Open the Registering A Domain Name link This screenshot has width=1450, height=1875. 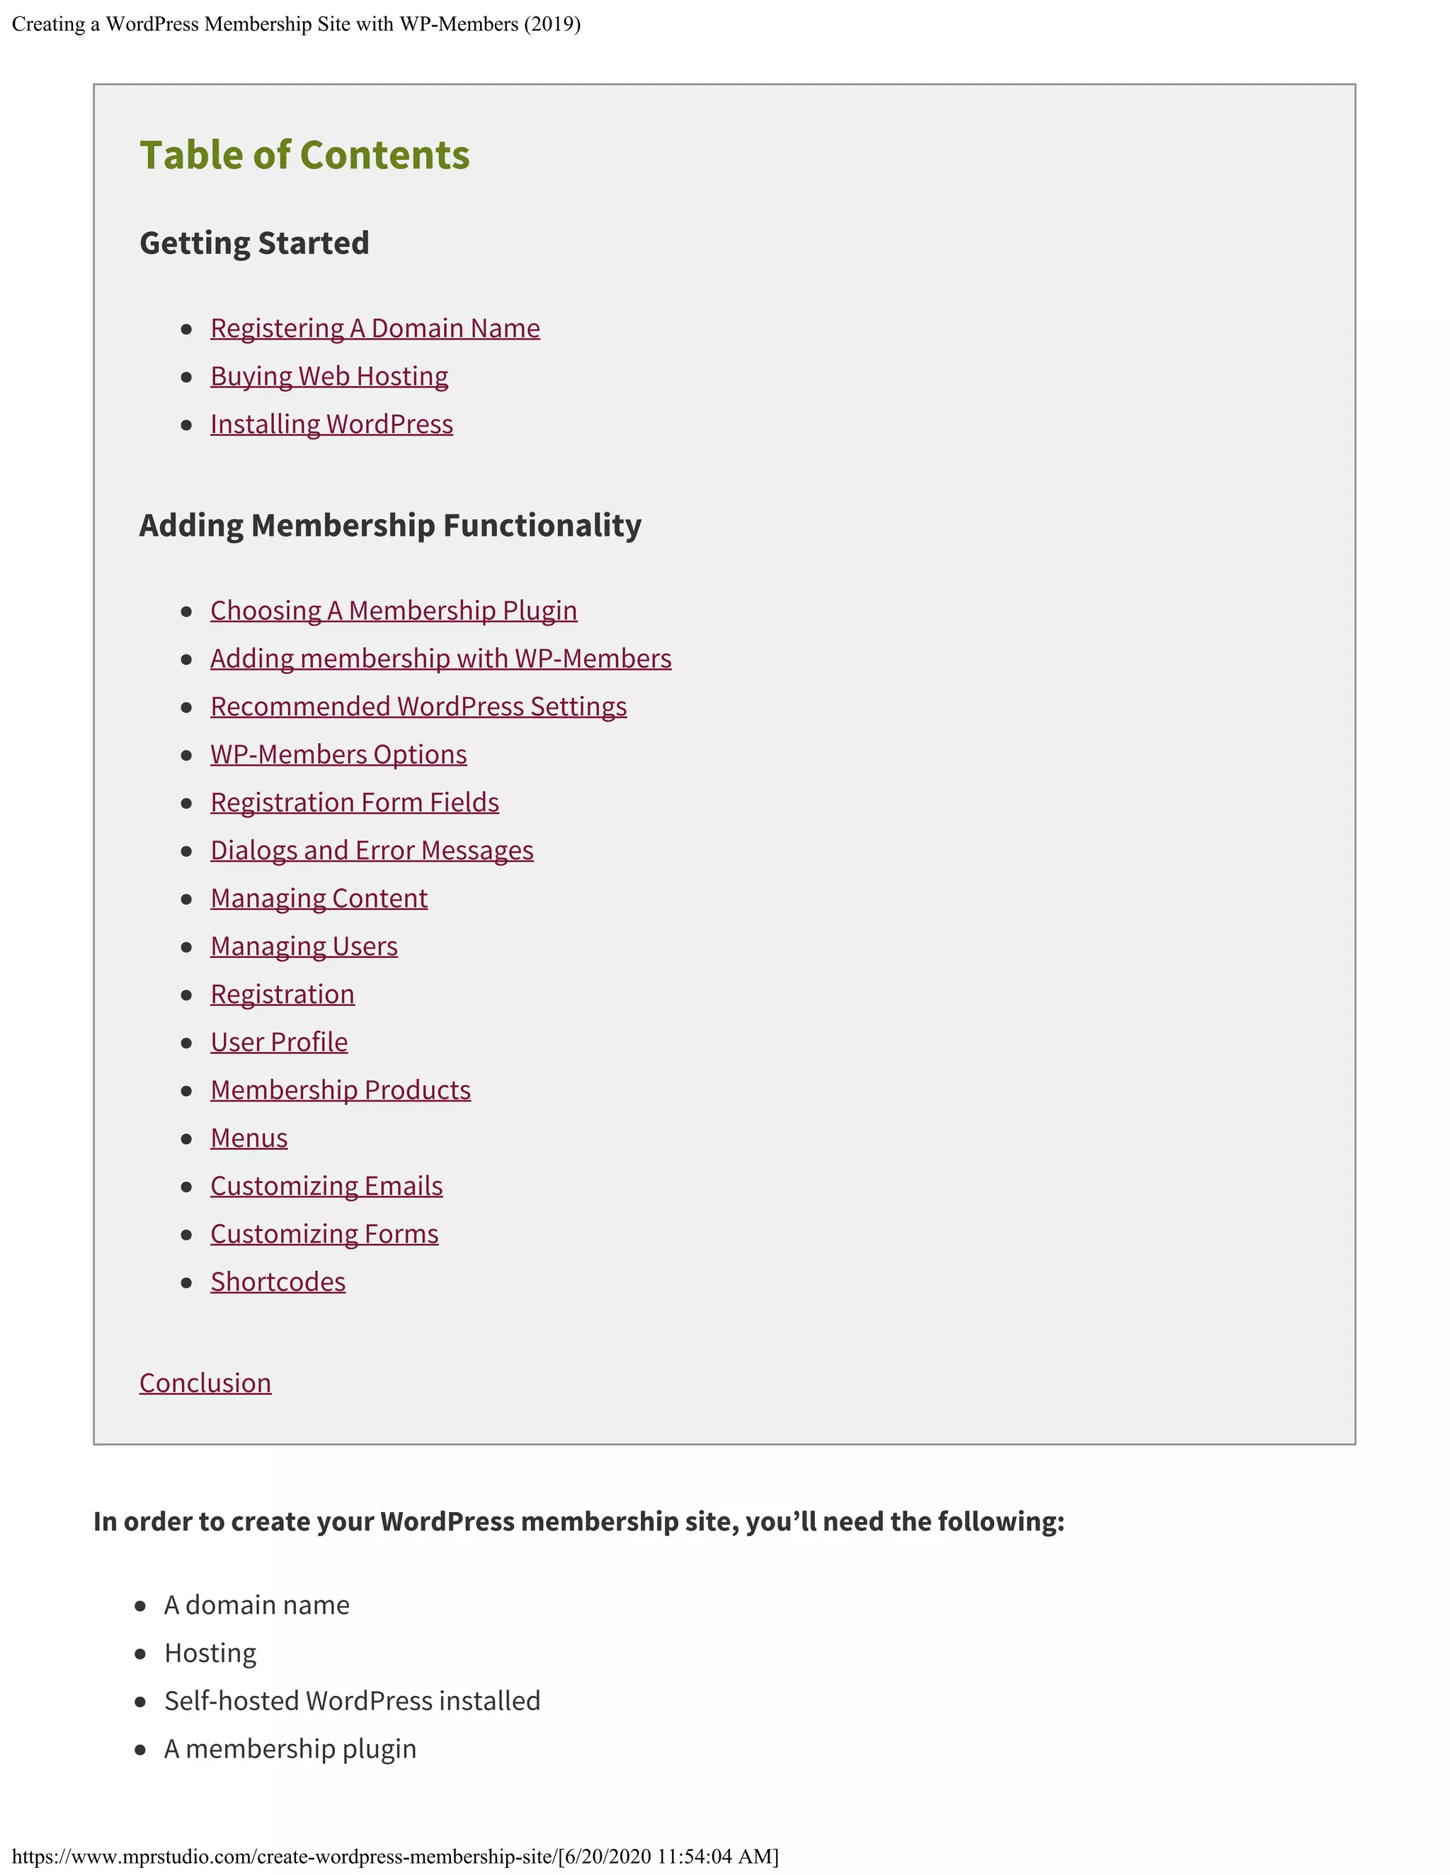(375, 328)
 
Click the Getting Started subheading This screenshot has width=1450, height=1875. (254, 243)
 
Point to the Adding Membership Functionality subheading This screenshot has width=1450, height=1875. (390, 526)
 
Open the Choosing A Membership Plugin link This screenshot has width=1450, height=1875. (394, 611)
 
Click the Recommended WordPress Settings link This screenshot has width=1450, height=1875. (418, 707)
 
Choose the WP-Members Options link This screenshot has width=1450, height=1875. (338, 755)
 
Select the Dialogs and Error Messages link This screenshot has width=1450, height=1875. (372, 850)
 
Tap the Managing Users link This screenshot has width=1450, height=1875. (304, 946)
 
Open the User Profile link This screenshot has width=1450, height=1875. (279, 1042)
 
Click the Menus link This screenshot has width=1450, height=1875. (249, 1138)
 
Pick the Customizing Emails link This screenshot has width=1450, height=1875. (326, 1187)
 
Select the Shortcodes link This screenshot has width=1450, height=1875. (278, 1282)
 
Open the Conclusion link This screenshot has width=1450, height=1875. (205, 1383)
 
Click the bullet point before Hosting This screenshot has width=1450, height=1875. (141, 1654)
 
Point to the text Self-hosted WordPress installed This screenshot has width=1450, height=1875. (352, 1701)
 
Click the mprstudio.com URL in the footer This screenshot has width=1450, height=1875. (283, 1856)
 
